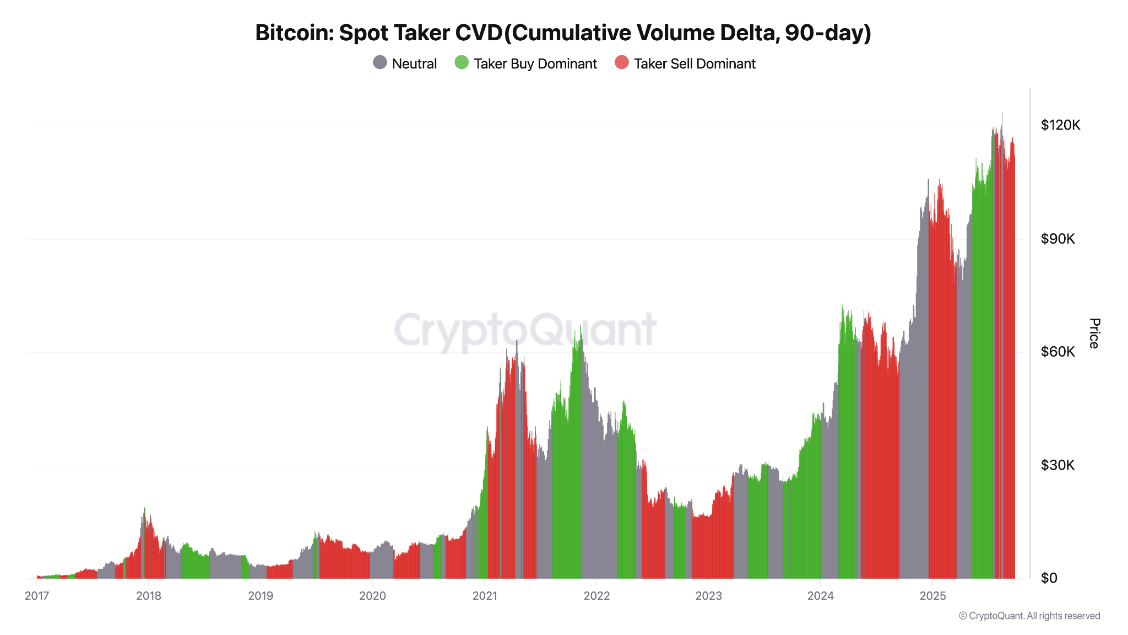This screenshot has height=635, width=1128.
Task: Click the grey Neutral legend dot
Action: [380, 63]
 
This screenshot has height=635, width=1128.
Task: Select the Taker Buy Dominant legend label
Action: [535, 64]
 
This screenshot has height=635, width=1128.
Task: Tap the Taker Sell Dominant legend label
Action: [695, 64]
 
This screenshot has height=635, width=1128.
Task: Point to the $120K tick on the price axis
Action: [1060, 125]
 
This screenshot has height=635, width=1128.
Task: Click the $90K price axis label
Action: [1057, 239]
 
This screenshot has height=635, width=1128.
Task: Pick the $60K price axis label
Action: [1057, 352]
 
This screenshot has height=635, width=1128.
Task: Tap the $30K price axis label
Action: [1057, 465]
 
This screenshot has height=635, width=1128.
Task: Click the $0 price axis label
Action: [1049, 578]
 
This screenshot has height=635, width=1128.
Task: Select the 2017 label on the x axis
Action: [37, 596]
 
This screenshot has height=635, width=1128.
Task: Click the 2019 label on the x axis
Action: [261, 596]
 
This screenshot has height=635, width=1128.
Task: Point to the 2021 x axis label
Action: [485, 596]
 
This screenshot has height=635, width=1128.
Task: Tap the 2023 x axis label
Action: [708, 596]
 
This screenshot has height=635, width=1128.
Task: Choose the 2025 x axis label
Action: [932, 596]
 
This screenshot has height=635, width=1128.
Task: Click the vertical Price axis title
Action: [1094, 333]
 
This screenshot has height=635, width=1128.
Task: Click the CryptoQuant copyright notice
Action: [1029, 616]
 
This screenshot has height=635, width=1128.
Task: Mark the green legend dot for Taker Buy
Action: [462, 63]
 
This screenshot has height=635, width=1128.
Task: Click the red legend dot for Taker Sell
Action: [622, 63]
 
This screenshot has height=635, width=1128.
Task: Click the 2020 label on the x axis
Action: [372, 596]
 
